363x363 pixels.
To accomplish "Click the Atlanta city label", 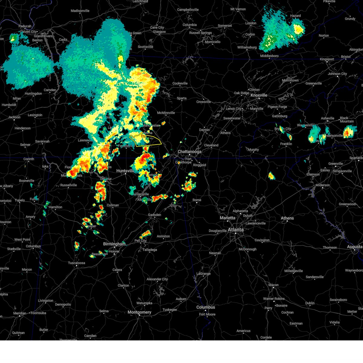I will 235,230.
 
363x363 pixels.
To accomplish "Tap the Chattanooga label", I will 189,152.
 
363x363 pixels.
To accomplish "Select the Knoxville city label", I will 259,95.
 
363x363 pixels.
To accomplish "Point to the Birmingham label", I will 114,244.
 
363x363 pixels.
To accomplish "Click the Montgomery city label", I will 139,312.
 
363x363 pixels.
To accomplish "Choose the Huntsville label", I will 125,171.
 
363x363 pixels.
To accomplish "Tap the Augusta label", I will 355,247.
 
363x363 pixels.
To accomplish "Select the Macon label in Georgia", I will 273,285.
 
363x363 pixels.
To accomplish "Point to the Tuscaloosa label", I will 77,263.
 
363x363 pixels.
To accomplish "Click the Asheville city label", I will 328,118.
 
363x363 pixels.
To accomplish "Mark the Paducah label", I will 25,26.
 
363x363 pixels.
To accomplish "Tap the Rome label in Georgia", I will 197,200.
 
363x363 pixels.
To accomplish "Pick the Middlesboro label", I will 269,56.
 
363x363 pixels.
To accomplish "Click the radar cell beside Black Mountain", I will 348,132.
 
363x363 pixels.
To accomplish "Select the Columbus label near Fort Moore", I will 206,307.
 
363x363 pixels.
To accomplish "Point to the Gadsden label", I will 154,215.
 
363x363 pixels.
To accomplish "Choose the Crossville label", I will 204,102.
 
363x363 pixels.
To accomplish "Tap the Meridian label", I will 20,313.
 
